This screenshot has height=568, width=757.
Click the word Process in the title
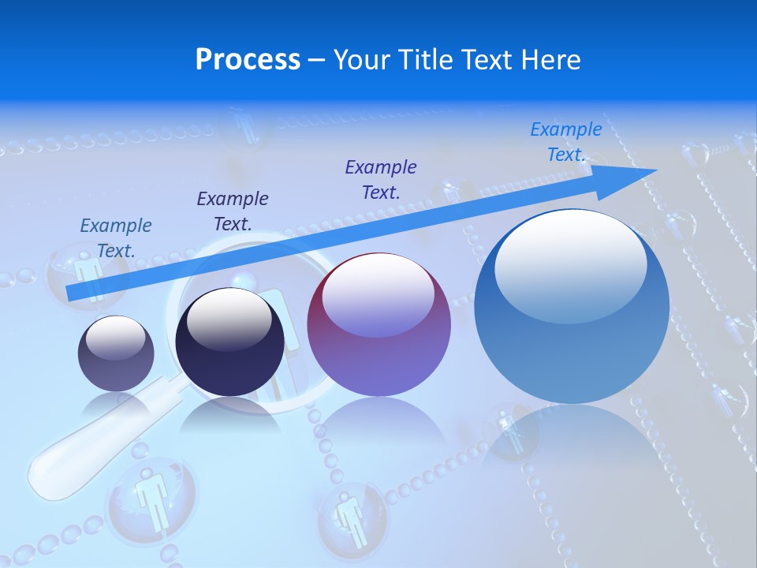[248, 60]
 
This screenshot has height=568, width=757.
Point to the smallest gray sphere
[116, 353]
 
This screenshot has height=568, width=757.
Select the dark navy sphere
[229, 342]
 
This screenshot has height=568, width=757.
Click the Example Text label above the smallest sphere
[116, 237]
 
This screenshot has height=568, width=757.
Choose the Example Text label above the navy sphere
[233, 211]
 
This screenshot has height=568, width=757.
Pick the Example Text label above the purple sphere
[381, 179]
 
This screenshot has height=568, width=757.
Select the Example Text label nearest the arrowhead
[566, 142]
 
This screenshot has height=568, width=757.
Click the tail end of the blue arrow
[71, 293]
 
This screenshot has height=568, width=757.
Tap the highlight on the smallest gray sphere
[115, 338]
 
